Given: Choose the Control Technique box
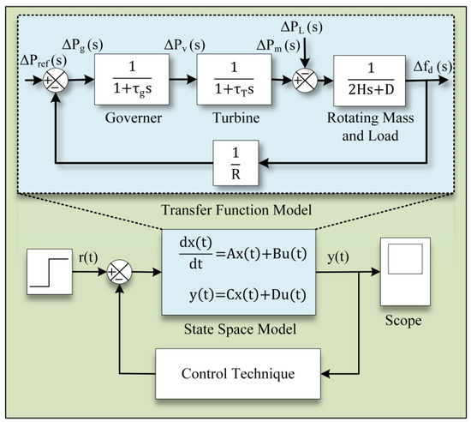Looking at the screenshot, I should point(240,376).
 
